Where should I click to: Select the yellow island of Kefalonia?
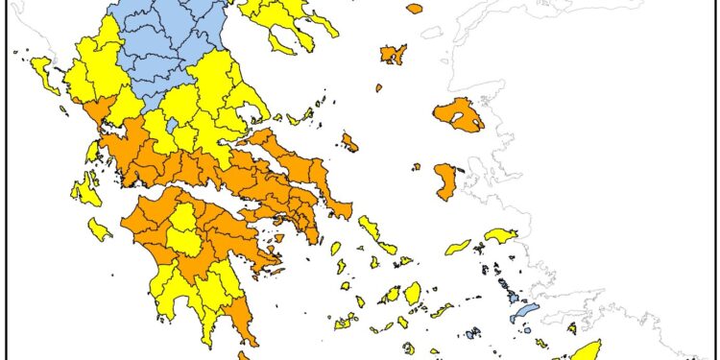(x=87, y=189)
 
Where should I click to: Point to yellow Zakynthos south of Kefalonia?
(x=100, y=229)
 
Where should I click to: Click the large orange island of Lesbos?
(x=458, y=114)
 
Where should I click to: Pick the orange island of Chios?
(x=446, y=180)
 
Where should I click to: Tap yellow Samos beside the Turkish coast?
(x=501, y=235)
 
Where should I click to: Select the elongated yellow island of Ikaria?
(x=459, y=247)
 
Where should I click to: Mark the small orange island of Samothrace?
(x=415, y=9)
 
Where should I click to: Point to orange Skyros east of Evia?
(x=349, y=144)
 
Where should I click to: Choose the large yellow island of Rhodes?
(x=586, y=349)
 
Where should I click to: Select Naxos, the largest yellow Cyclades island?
(x=413, y=293)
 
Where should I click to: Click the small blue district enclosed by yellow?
(x=172, y=124)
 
